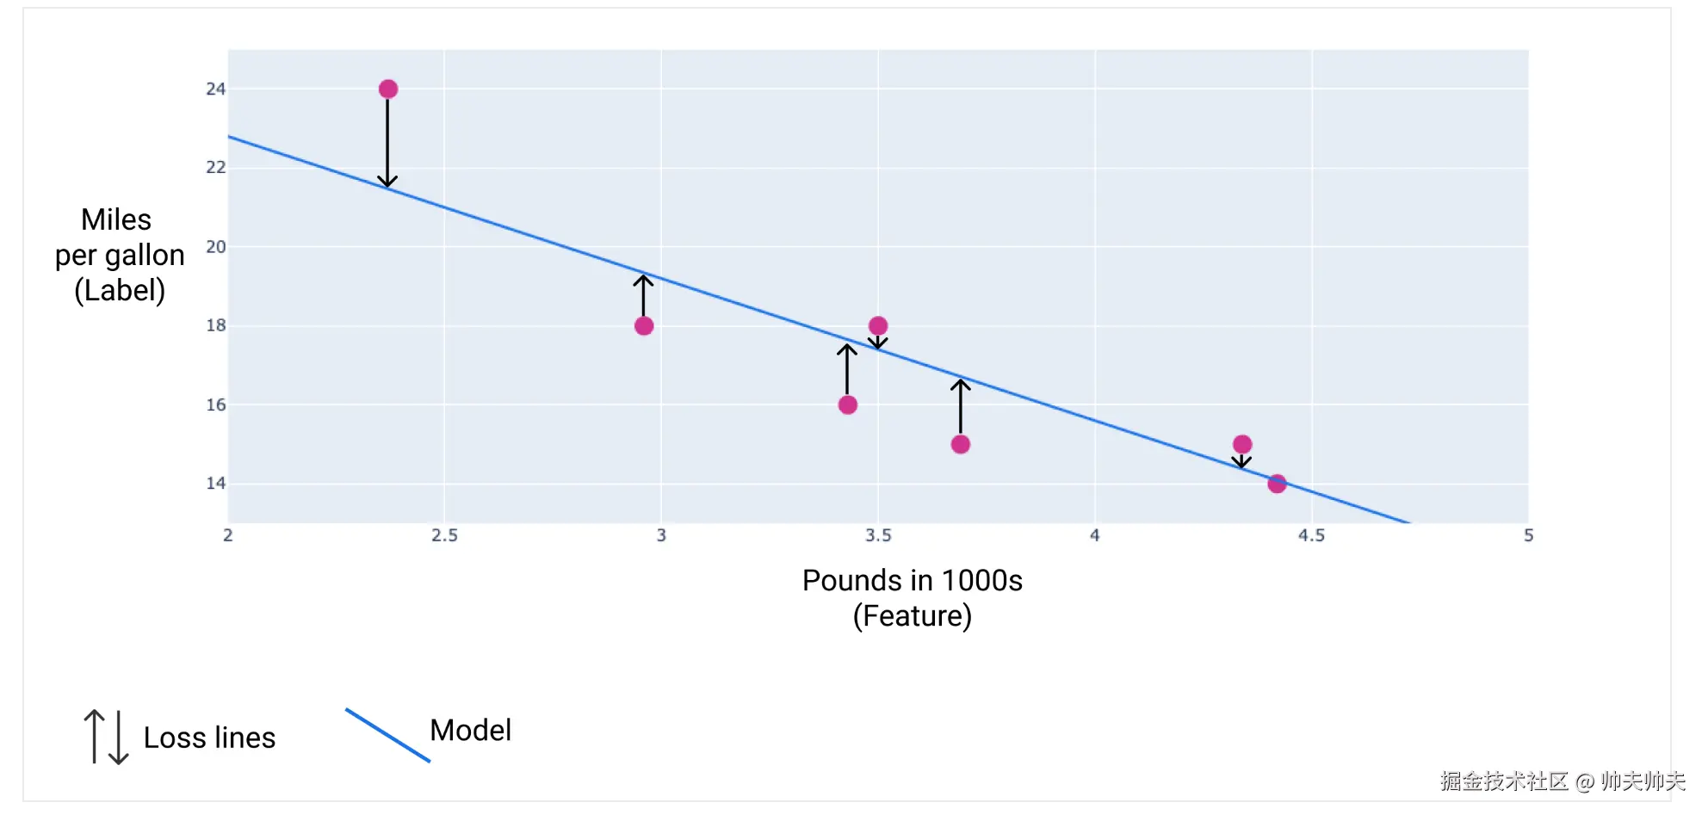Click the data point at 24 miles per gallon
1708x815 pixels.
click(388, 90)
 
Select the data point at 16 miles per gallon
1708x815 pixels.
click(848, 405)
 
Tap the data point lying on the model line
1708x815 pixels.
click(1277, 484)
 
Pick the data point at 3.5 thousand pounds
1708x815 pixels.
click(878, 326)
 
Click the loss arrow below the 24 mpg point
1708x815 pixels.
click(387, 143)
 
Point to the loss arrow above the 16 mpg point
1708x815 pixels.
click(847, 369)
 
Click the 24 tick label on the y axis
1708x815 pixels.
click(215, 90)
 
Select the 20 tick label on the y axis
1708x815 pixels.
click(215, 247)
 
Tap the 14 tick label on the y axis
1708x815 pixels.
click(215, 484)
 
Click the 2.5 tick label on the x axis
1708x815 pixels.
click(444, 535)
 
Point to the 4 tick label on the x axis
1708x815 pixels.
click(1095, 535)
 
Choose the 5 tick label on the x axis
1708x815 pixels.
click(1528, 535)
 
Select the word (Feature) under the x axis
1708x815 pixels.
click(913, 616)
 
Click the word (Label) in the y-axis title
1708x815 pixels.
click(120, 291)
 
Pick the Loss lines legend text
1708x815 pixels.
click(209, 738)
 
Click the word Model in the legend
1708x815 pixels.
click(470, 731)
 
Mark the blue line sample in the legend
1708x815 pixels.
click(387, 735)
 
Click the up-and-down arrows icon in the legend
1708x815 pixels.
click(106, 737)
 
